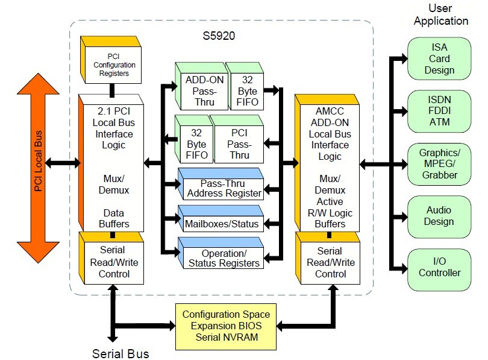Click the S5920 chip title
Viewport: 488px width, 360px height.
(x=219, y=35)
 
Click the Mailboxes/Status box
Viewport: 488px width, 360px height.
(x=221, y=224)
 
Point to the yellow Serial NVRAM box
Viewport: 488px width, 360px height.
(x=227, y=326)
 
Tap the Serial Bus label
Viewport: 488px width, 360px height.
(x=120, y=353)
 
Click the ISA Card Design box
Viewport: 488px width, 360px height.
(x=439, y=58)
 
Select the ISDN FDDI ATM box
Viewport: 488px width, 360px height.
(x=439, y=110)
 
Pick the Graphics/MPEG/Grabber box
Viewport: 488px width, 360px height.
(x=439, y=163)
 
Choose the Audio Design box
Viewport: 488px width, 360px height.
(x=439, y=216)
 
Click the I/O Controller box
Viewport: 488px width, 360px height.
(x=439, y=267)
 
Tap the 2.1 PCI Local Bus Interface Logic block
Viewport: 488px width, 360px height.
(x=111, y=163)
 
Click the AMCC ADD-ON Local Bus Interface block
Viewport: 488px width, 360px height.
(x=330, y=163)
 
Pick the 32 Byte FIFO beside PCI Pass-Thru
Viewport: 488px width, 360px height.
(x=196, y=144)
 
